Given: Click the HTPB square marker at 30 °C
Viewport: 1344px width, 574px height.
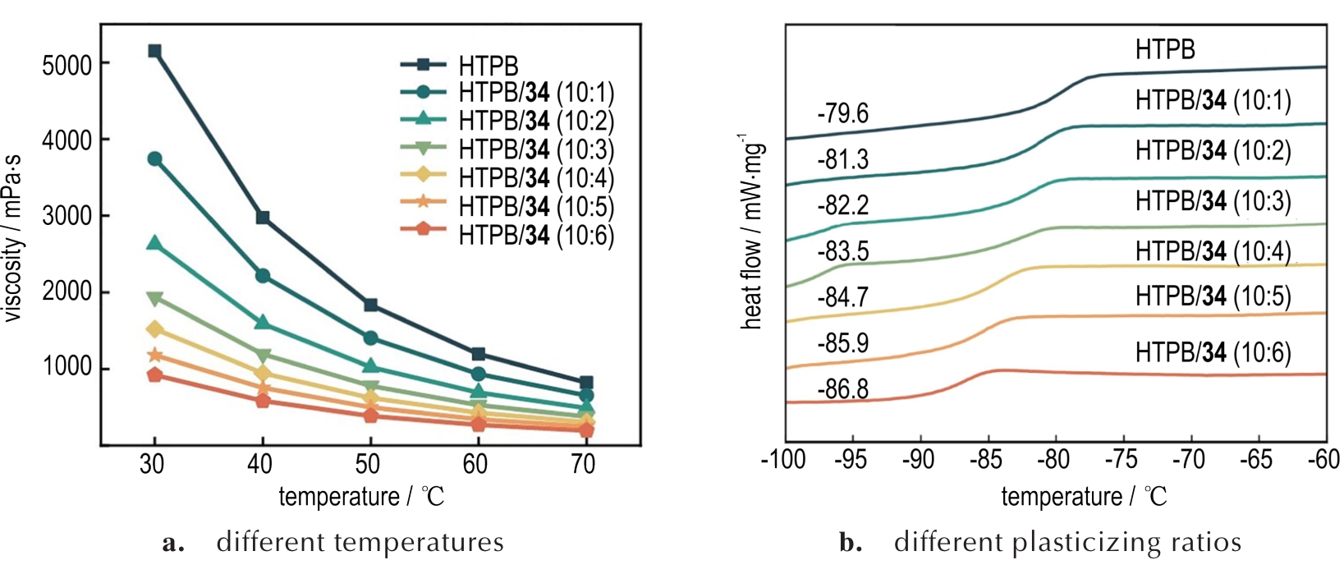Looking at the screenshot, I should coord(154,51).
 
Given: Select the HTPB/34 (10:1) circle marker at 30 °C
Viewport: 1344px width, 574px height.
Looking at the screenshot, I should coord(154,158).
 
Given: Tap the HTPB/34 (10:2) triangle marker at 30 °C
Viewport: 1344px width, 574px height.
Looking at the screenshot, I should coord(154,243).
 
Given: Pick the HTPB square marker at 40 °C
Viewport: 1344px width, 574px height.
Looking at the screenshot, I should coord(263,218).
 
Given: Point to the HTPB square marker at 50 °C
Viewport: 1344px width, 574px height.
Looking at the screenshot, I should coord(370,305).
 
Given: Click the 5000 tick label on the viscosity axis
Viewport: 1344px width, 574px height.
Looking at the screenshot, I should coord(67,65).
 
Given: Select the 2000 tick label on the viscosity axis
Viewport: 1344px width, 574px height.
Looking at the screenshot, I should coord(67,293).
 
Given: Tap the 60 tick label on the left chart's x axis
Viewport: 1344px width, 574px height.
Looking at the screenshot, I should coord(475,465).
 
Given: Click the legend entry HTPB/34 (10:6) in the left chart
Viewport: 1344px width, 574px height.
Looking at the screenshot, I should coord(536,236).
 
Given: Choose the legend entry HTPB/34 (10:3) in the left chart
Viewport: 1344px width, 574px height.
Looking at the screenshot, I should coord(536,149).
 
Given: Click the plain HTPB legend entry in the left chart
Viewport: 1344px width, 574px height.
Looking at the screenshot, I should coord(489,66).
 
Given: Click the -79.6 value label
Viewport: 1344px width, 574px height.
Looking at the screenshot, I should coord(842,113).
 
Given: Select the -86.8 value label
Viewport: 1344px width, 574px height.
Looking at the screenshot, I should coord(842,388).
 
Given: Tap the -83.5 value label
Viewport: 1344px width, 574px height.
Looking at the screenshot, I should coord(842,250).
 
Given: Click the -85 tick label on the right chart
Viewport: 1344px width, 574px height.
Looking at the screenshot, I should coord(985,460).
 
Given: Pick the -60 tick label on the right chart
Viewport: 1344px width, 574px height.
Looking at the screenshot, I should coord(1323,460).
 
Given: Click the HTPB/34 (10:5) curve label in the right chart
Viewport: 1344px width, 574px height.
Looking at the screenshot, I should coord(1213,296).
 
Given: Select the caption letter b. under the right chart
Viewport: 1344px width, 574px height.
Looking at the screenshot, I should coord(851,543).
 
